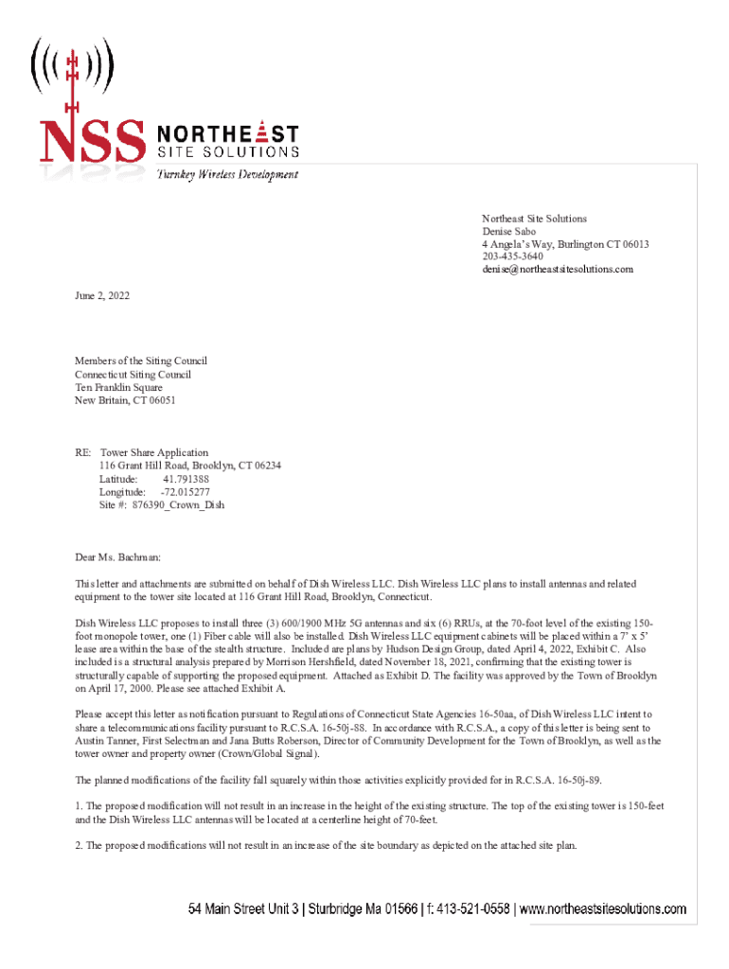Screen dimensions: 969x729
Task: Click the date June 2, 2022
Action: click(x=102, y=296)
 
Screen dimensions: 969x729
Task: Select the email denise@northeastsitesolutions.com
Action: click(x=558, y=270)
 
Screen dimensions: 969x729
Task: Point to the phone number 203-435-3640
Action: click(x=512, y=256)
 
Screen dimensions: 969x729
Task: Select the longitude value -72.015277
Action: click(x=186, y=492)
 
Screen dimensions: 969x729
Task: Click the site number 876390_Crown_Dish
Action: click(x=178, y=505)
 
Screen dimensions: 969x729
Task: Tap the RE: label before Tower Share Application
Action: click(x=84, y=452)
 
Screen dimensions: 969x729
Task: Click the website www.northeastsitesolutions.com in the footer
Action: click(x=603, y=910)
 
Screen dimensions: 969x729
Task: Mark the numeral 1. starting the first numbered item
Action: click(x=79, y=804)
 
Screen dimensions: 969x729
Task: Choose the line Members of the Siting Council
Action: click(x=140, y=361)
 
